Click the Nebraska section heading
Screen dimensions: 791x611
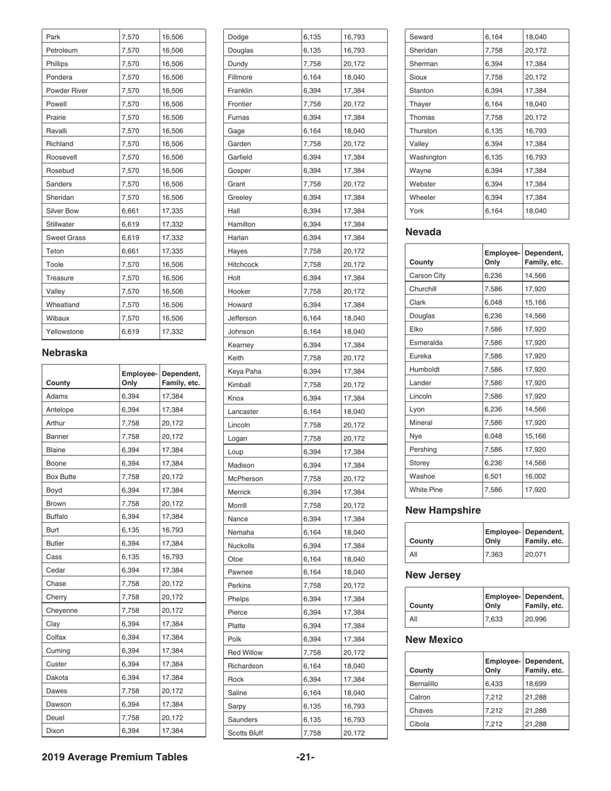tap(64, 352)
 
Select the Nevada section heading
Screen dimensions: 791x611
tap(424, 232)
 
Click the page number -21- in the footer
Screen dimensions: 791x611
tap(305, 757)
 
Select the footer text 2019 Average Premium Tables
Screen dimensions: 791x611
tap(114, 757)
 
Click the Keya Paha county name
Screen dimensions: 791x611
tap(245, 371)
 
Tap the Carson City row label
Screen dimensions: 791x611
tap(427, 275)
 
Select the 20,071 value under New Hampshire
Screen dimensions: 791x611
tap(536, 552)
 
